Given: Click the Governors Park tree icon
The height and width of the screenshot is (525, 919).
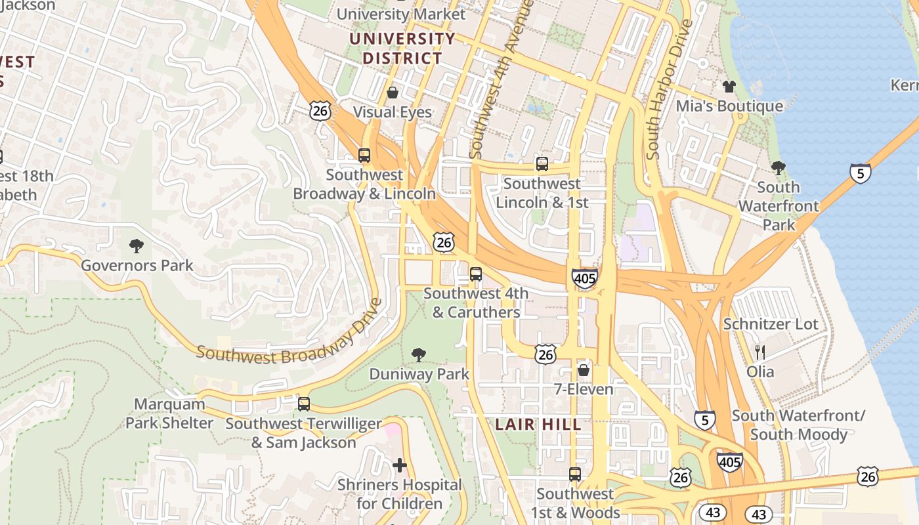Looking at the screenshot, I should pyautogui.click(x=137, y=247).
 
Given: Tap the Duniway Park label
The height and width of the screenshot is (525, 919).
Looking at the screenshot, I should pyautogui.click(x=419, y=374).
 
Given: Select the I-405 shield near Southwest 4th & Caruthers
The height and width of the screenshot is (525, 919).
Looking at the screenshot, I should pyautogui.click(x=584, y=278).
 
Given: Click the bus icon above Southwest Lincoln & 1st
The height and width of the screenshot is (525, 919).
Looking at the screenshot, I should pyautogui.click(x=542, y=164).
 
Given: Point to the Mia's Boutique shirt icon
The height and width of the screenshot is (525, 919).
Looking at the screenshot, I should pyautogui.click(x=729, y=87).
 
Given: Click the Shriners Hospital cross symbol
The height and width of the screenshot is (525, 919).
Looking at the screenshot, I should pyautogui.click(x=399, y=466).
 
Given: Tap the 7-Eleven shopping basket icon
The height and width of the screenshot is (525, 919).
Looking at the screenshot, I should pyautogui.click(x=583, y=370).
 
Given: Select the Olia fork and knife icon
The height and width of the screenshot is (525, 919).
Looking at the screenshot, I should pyautogui.click(x=760, y=352).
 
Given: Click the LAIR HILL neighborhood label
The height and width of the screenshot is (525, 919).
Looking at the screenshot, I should pyautogui.click(x=538, y=425).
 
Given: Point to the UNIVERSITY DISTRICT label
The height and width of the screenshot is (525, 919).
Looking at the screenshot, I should pyautogui.click(x=402, y=48).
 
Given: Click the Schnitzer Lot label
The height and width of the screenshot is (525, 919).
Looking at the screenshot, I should pyautogui.click(x=771, y=324).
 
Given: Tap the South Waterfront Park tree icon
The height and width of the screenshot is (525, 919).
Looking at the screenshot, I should pyautogui.click(x=779, y=168).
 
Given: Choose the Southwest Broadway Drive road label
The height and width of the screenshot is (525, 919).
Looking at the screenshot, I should pyautogui.click(x=289, y=338).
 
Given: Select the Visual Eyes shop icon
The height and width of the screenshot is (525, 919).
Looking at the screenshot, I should pyautogui.click(x=393, y=93).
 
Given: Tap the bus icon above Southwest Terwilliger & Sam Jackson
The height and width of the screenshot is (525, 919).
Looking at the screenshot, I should pyautogui.click(x=303, y=404).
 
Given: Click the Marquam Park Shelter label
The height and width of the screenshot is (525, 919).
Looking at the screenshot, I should pyautogui.click(x=169, y=413).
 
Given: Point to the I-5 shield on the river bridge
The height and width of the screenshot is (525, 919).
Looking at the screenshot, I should pyautogui.click(x=860, y=173).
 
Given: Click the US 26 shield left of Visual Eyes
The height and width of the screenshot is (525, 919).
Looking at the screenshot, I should pyautogui.click(x=320, y=110).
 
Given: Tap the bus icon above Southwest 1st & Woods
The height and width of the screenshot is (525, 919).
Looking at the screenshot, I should pyautogui.click(x=575, y=474).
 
